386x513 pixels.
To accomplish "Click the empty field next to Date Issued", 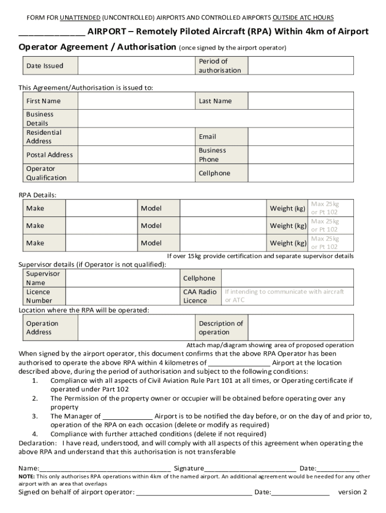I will click(x=135, y=66).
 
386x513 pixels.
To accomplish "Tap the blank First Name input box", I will click(x=135, y=101).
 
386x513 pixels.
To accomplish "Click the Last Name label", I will click(x=215, y=101).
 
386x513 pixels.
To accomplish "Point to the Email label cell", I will click(x=208, y=136).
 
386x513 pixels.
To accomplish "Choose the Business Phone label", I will click(x=212, y=155).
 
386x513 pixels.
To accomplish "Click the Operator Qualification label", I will click(x=46, y=173).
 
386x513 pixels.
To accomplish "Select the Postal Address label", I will click(x=49, y=155).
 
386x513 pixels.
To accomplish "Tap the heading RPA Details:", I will click(x=38, y=194).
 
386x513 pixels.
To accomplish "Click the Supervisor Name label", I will click(x=43, y=278).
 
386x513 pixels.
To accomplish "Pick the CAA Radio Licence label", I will click(x=200, y=296).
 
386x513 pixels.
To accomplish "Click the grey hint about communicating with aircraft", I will click(x=284, y=296).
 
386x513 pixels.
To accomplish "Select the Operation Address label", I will click(x=42, y=328).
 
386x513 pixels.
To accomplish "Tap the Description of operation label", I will click(x=221, y=328).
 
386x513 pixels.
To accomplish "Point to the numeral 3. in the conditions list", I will click(x=35, y=416).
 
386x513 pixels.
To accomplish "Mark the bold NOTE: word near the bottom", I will click(x=27, y=476).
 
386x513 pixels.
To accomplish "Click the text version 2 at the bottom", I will click(x=352, y=492).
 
